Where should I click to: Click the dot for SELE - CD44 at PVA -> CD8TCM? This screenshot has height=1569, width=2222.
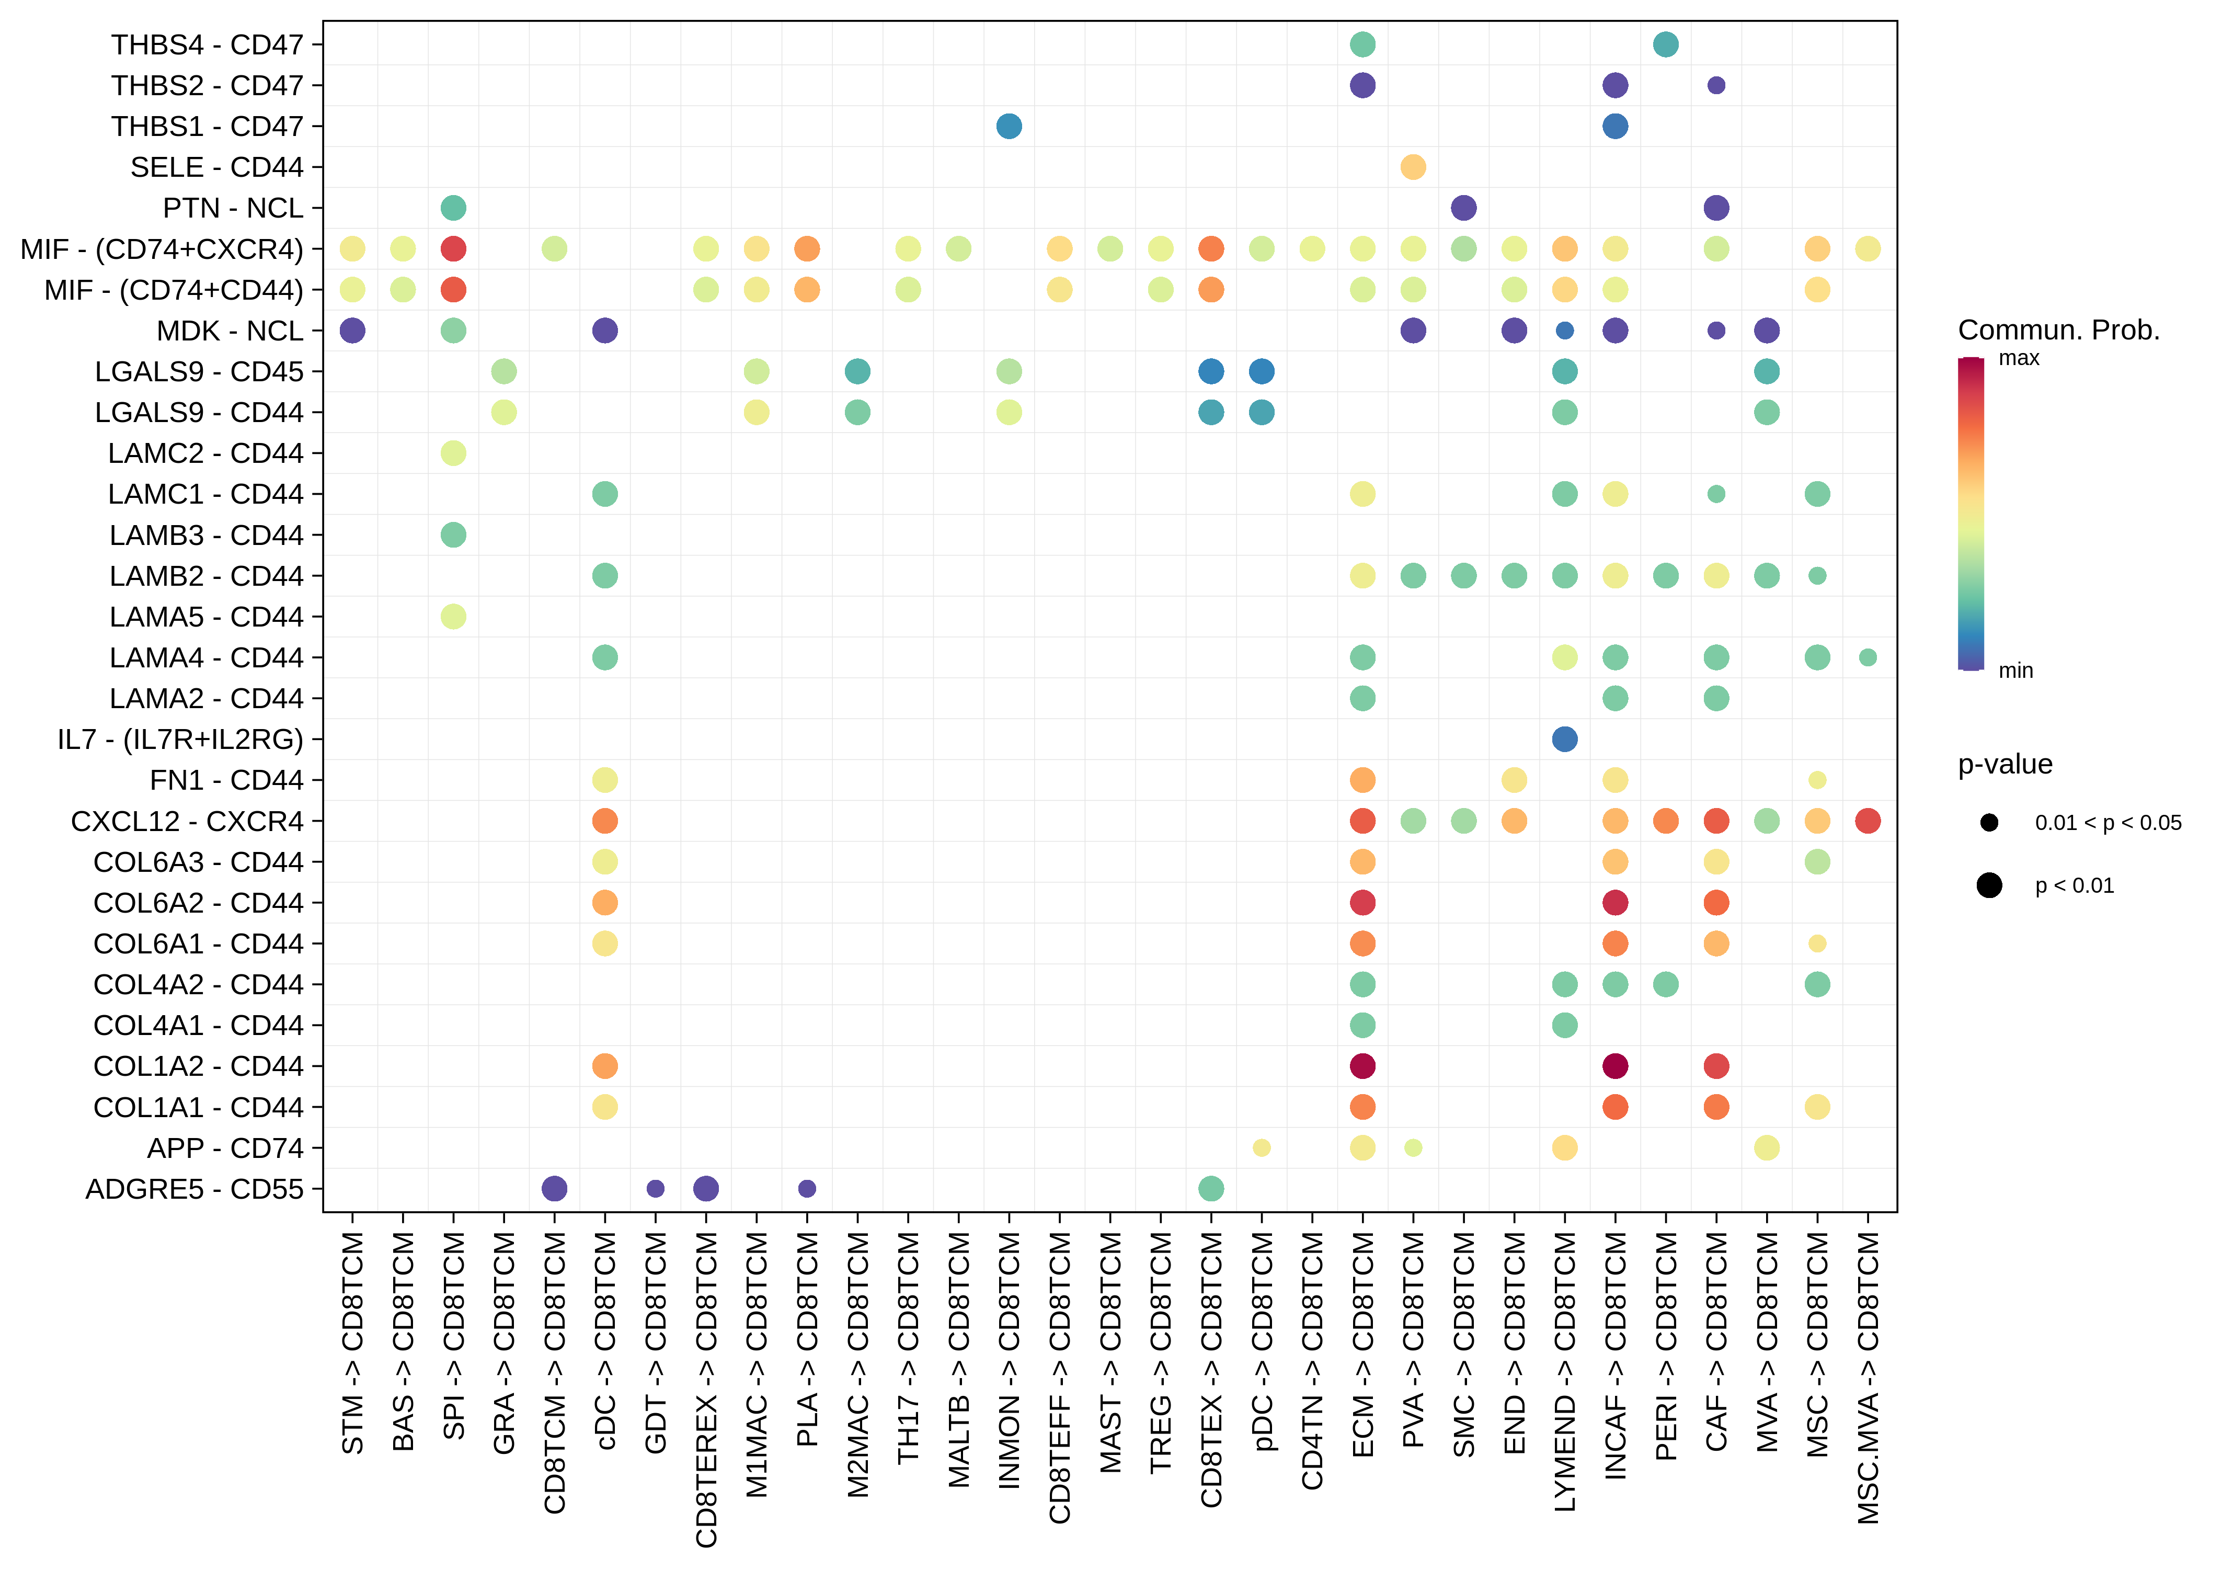(1413, 167)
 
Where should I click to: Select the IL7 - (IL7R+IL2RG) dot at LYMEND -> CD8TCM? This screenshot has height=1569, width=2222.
(1564, 740)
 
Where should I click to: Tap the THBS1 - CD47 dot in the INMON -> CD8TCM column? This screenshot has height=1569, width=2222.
(1009, 126)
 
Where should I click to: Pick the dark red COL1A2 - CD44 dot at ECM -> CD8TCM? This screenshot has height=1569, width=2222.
(1361, 1066)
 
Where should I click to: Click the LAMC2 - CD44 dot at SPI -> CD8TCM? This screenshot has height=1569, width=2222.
(453, 453)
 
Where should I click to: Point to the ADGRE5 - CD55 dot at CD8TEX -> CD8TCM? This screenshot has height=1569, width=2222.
(1211, 1189)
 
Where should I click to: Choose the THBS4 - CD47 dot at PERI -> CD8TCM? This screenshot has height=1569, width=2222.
(1665, 44)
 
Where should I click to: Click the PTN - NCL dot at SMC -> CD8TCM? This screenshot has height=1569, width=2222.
(1463, 208)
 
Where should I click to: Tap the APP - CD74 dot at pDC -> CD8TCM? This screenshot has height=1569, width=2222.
(1261, 1148)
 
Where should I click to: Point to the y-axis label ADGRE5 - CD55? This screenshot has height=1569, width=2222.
(194, 1189)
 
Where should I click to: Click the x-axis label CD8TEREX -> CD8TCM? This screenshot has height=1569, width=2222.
(706, 1389)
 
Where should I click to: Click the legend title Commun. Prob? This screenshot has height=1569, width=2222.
(2058, 330)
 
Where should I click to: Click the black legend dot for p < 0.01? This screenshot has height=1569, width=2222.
(1989, 885)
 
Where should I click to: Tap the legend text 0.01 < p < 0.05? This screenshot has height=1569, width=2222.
(2108, 823)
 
